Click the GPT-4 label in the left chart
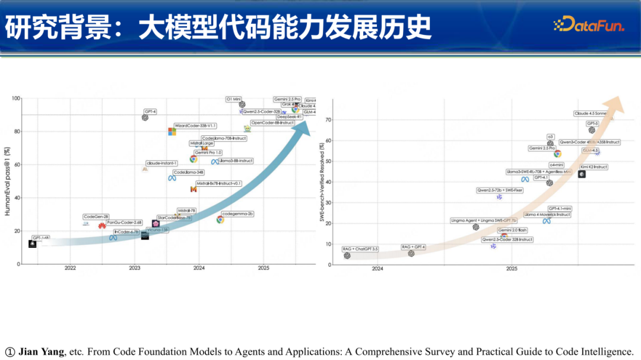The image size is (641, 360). [x=150, y=111]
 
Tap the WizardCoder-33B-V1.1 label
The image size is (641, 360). [x=196, y=126]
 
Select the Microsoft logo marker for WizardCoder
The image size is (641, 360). [x=172, y=132]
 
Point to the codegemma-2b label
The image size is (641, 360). [x=237, y=214]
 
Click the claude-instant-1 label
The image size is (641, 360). [x=162, y=163]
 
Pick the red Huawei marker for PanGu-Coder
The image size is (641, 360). [x=102, y=226]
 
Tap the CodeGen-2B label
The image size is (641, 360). [x=96, y=216]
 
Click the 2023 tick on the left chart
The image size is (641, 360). [x=135, y=268]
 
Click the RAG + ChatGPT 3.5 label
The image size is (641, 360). [x=360, y=249]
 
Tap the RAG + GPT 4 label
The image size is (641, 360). [x=414, y=247]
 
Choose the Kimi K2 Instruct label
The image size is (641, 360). [x=593, y=167]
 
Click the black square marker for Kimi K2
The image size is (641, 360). [x=582, y=174]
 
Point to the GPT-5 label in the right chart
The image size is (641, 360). [x=592, y=123]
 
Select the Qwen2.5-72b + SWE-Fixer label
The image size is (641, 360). [x=500, y=190]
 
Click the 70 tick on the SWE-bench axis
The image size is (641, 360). [x=328, y=120]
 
